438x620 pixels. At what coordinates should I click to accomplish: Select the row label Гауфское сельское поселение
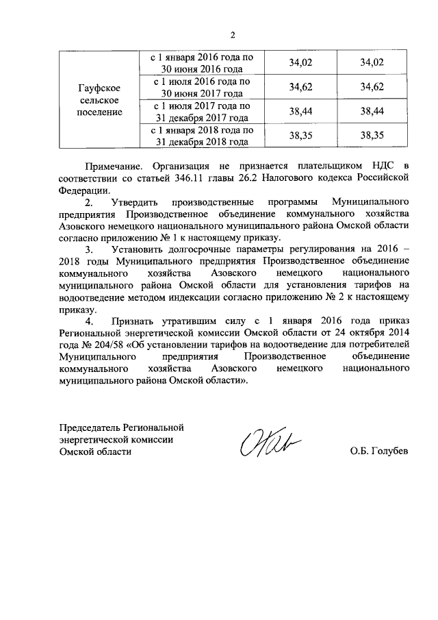(x=96, y=101)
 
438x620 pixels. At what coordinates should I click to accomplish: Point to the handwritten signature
(x=267, y=443)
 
